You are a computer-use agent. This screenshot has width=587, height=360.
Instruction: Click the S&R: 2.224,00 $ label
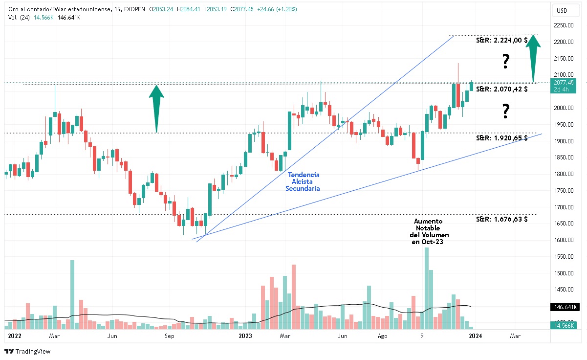pyautogui.click(x=501, y=41)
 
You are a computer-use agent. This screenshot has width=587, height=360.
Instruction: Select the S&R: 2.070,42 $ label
pyautogui.click(x=501, y=90)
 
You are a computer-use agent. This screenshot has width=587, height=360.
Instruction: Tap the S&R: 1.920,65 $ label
pyautogui.click(x=501, y=138)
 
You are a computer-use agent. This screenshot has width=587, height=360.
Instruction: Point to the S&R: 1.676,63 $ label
pyautogui.click(x=501, y=219)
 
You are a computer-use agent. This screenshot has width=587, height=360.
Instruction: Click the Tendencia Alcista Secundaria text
pyautogui.click(x=303, y=181)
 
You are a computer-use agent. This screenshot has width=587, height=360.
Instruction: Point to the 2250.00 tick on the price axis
pyautogui.click(x=566, y=25)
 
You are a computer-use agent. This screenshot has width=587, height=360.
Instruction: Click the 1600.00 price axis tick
pyautogui.click(x=566, y=240)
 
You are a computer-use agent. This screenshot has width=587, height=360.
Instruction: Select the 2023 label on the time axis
pyautogui.click(x=245, y=336)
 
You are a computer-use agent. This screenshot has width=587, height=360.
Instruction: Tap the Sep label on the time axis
pyautogui.click(x=169, y=336)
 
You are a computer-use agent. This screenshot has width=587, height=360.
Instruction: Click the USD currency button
pyautogui.click(x=562, y=10)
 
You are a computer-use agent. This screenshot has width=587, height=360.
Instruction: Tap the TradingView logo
pyautogui.click(x=27, y=351)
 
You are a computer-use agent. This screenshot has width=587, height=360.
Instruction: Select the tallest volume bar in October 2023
pyautogui.click(x=426, y=288)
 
